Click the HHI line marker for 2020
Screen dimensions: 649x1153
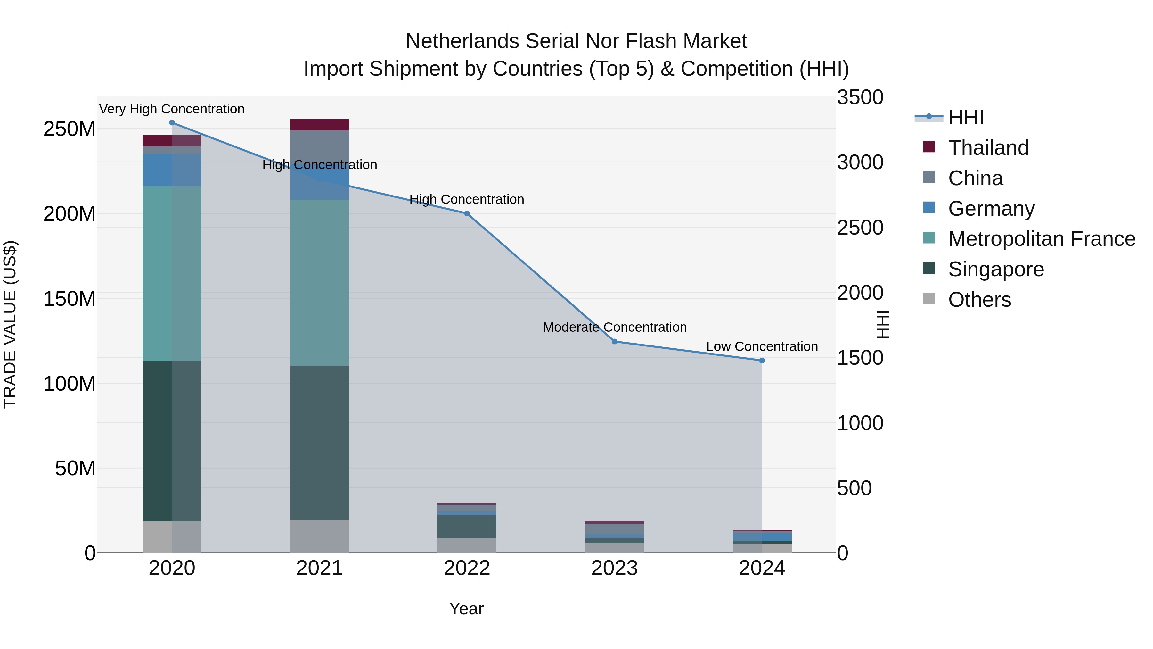(x=172, y=123)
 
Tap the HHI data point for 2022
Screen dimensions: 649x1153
(x=467, y=214)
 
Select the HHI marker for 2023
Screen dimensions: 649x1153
(x=615, y=342)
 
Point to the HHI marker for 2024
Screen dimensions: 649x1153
(x=762, y=361)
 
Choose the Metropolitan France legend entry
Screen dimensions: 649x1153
(x=1041, y=239)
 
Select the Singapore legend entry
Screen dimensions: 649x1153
(x=995, y=269)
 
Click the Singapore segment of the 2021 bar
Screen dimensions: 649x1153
(x=320, y=443)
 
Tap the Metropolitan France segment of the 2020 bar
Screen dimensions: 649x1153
(x=172, y=273)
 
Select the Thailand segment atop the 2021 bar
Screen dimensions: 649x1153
(x=320, y=125)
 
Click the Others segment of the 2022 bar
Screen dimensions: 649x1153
(x=467, y=545)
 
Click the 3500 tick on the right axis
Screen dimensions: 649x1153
(x=860, y=98)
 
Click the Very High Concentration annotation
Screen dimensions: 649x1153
(x=172, y=109)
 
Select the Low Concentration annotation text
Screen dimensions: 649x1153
(x=762, y=347)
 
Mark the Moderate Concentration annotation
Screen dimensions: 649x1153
(x=615, y=328)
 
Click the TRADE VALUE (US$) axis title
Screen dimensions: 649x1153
(x=10, y=324)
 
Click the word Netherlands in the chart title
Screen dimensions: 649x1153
(x=462, y=41)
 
